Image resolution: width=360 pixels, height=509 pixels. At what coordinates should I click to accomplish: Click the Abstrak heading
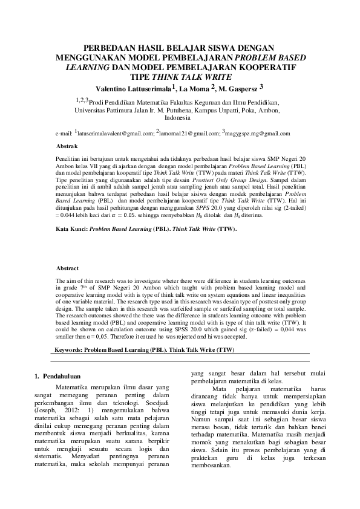pyautogui.click(x=67, y=147)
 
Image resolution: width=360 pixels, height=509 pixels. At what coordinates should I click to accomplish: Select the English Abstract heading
pyautogui.click(x=68, y=268)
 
